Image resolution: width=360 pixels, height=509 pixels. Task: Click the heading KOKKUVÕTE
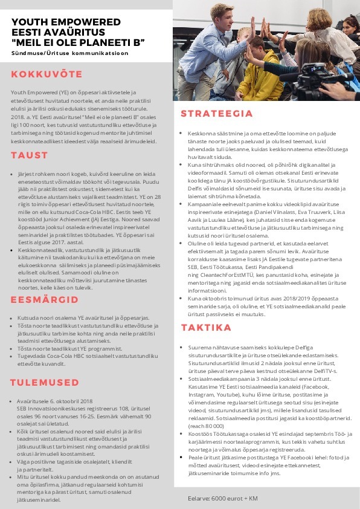[x=47, y=74]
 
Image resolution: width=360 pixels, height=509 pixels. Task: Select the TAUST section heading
[x=29, y=155]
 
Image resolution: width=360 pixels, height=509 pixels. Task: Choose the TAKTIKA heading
[x=207, y=327]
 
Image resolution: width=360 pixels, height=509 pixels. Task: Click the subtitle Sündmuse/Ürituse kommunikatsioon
[x=70, y=53]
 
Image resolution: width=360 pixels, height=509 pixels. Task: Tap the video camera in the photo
[x=329, y=76]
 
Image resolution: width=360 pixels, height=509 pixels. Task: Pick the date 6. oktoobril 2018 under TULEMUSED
[x=71, y=401]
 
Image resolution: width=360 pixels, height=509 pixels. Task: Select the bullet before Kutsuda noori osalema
[x=13, y=317]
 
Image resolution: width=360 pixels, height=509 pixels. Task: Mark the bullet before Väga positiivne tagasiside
[x=13, y=461]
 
